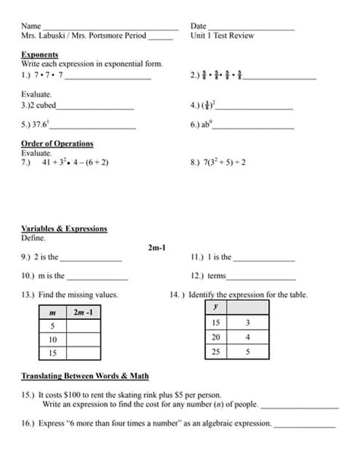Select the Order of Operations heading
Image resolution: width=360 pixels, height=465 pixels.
pos(57,144)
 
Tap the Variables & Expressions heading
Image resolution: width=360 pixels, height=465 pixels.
pos(64,229)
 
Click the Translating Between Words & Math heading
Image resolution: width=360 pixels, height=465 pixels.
pos(84,376)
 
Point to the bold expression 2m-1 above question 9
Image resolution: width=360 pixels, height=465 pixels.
pos(157,247)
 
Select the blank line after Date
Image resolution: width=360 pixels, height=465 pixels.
pos(251,28)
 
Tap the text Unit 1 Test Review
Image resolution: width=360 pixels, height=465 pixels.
pos(223,36)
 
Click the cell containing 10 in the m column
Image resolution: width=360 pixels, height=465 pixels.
pos(52,339)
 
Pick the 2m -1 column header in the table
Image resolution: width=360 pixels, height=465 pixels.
pos(84,312)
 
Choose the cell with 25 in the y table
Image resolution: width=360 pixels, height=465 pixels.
pos(216,351)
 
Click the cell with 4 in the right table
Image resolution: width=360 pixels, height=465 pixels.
pos(248,337)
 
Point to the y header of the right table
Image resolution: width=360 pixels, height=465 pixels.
pos(216,307)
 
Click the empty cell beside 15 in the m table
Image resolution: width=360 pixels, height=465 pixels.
pos(84,353)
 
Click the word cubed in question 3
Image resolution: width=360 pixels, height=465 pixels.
pos(46,106)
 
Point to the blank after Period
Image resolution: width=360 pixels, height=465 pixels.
pos(160,36)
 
